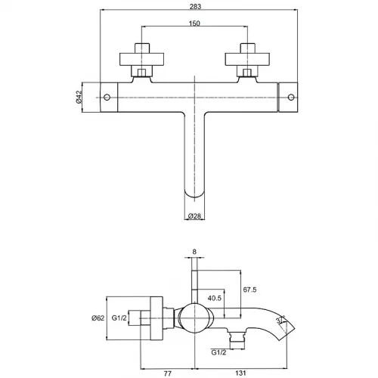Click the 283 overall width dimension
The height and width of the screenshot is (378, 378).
click(x=195, y=6)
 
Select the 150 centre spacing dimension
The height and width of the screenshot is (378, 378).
click(x=194, y=23)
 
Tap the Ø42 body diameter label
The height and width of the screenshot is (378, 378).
click(x=79, y=97)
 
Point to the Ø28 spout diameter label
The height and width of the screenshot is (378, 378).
click(x=194, y=216)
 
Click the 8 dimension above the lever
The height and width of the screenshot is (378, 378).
click(x=194, y=252)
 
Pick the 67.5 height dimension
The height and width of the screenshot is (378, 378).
click(x=249, y=290)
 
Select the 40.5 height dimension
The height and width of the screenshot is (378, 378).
click(x=215, y=298)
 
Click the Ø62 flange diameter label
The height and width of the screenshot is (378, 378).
click(x=98, y=318)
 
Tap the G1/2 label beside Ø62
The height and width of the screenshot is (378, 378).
click(x=119, y=318)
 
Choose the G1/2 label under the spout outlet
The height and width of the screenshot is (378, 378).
click(x=218, y=352)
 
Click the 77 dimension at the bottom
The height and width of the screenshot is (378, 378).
click(x=168, y=373)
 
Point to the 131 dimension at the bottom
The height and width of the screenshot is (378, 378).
click(x=240, y=373)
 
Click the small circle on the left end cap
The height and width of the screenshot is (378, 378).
click(x=107, y=97)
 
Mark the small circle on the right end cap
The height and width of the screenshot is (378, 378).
click(x=291, y=97)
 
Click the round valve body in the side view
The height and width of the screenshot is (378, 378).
click(x=194, y=318)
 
